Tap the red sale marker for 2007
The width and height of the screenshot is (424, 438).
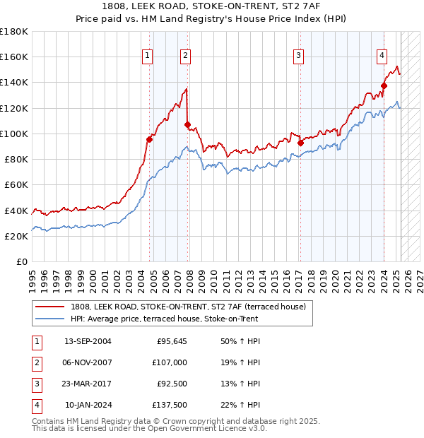pyautogui.click(x=188, y=125)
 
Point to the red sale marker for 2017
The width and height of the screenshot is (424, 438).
pyautogui.click(x=300, y=143)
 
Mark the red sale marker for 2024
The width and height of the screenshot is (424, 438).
pyautogui.click(x=384, y=86)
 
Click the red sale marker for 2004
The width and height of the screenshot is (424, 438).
pyautogui.click(x=150, y=139)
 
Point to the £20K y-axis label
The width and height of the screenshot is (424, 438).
pyautogui.click(x=16, y=237)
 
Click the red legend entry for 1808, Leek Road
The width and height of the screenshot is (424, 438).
pyautogui.click(x=188, y=307)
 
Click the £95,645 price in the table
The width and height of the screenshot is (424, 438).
pyautogui.click(x=172, y=341)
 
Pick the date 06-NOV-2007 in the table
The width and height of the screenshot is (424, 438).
pyautogui.click(x=88, y=362)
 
